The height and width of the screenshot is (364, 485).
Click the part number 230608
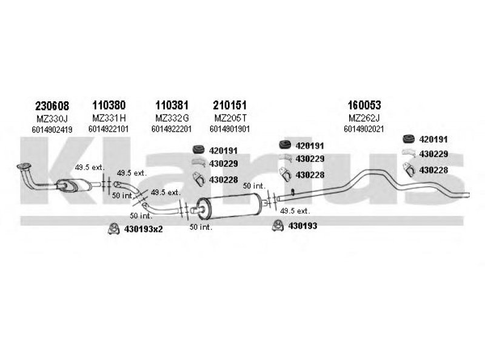(x=52, y=106)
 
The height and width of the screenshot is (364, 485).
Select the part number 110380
(x=109, y=105)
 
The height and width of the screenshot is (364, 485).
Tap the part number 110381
(x=172, y=105)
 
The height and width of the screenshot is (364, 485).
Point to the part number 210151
(x=230, y=105)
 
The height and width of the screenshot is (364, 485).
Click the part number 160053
(x=364, y=105)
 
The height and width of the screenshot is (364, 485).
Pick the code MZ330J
(x=52, y=118)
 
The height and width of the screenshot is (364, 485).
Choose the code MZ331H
(x=109, y=118)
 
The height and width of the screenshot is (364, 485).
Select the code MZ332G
(x=172, y=118)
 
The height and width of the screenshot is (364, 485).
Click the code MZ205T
(x=230, y=118)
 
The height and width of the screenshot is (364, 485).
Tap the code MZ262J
(x=364, y=118)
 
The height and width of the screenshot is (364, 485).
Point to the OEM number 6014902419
(x=52, y=129)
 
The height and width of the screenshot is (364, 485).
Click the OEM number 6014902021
(x=364, y=129)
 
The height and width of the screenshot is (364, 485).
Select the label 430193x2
(x=143, y=229)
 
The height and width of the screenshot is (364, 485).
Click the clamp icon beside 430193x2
(x=113, y=229)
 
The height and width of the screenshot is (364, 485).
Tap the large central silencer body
(x=229, y=206)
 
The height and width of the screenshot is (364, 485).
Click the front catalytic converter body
(x=73, y=185)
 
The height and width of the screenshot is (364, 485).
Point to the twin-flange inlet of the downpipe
(x=24, y=166)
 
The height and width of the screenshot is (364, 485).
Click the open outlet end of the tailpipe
(x=467, y=195)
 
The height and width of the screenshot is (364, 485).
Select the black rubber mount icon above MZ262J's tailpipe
(x=409, y=139)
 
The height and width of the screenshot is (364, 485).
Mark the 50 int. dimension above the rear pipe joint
(x=254, y=186)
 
